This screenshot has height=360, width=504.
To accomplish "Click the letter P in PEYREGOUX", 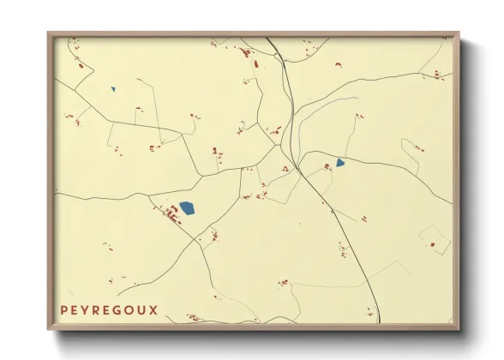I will pyautogui.click(x=64, y=310).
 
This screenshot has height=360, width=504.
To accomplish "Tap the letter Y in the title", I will pyautogui.click(x=88, y=310).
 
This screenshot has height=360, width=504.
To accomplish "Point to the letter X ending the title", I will pyautogui.click(x=153, y=310).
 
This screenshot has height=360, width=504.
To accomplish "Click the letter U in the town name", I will pyautogui.click(x=144, y=310).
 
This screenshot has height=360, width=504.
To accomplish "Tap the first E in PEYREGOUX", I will pyautogui.click(x=76, y=310).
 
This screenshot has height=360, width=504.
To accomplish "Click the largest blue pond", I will pyautogui.click(x=187, y=207).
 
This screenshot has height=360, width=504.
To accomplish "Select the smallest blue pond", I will pyautogui.click(x=112, y=89).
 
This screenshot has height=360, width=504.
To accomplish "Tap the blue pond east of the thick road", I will pyautogui.click(x=340, y=162).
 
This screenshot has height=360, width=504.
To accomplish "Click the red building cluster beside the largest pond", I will pyautogui.click(x=171, y=215).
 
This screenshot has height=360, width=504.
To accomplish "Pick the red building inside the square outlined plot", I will pyautogui.click(x=433, y=244).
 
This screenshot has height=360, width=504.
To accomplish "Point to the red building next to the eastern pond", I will pyautogui.click(x=327, y=165).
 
